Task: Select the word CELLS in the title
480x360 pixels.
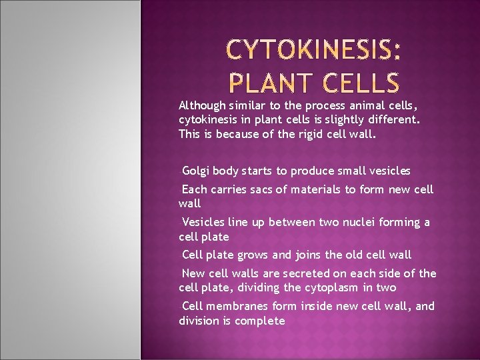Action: [x=356, y=83]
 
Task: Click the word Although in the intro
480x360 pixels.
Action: [x=203, y=105]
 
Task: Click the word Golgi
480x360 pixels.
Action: [x=196, y=171]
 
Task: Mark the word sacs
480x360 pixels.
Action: [x=258, y=189]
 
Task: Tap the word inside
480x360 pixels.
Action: [x=319, y=306]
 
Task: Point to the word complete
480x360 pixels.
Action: [x=262, y=321]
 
